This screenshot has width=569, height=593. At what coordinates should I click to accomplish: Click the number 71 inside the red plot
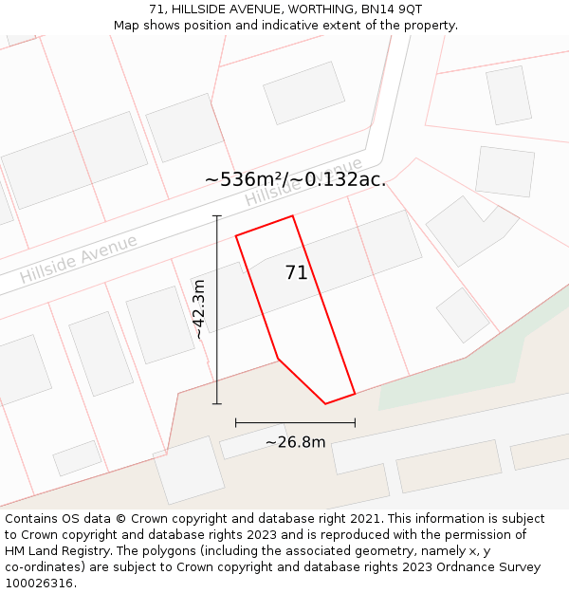pyautogui.click(x=296, y=273)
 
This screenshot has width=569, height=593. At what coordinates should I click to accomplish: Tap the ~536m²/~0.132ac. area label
pyautogui.click(x=295, y=179)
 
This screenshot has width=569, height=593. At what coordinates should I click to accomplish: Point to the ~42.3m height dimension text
pyautogui.click(x=198, y=309)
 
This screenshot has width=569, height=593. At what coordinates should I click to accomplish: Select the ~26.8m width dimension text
pyautogui.click(x=295, y=442)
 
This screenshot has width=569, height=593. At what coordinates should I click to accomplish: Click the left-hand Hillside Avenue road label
pyautogui.click(x=79, y=258)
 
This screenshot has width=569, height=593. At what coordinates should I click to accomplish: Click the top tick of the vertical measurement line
pyautogui.click(x=217, y=216)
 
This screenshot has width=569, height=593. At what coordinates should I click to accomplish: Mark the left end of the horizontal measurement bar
pyautogui.click(x=235, y=422)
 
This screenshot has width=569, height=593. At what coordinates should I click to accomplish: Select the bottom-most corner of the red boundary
pyautogui.click(x=325, y=404)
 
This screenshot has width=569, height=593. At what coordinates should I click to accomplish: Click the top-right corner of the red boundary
pyautogui.click(x=292, y=216)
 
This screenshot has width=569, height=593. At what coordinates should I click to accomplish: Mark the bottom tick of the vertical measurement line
pyautogui.click(x=217, y=404)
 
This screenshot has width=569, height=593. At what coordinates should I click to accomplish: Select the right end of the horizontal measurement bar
pyautogui.click(x=355, y=422)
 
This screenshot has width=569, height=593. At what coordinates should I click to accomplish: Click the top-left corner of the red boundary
pyautogui.click(x=236, y=234)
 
